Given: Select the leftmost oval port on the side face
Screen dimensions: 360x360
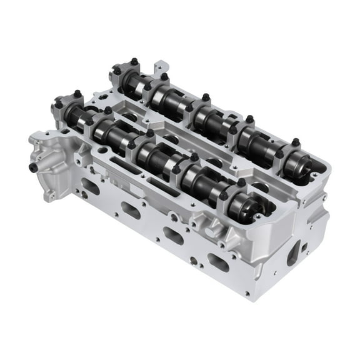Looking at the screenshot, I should click(x=91, y=186).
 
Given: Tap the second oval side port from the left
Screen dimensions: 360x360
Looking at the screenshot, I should click(x=131, y=211).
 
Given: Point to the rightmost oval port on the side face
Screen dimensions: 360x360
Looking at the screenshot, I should click(x=218, y=263).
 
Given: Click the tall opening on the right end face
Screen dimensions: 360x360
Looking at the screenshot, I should click(x=293, y=256).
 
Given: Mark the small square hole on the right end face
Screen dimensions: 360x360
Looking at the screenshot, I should click(x=304, y=247).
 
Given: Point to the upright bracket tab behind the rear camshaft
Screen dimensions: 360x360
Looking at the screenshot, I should click(x=161, y=66).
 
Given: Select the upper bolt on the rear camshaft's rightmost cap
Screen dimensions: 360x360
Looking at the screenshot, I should click(x=294, y=142).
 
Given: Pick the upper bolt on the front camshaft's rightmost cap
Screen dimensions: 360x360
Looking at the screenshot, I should click(x=241, y=182).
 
